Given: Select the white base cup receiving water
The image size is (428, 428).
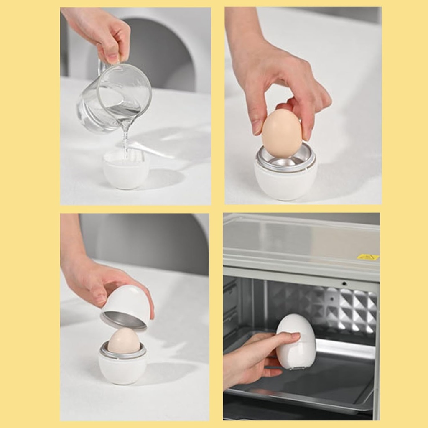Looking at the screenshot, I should tap(125, 171).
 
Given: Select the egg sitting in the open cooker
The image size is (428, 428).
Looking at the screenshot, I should tap(124, 340).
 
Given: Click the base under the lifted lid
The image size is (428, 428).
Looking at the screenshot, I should tap(122, 368).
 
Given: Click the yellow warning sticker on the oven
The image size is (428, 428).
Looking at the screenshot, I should tap(368, 257).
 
